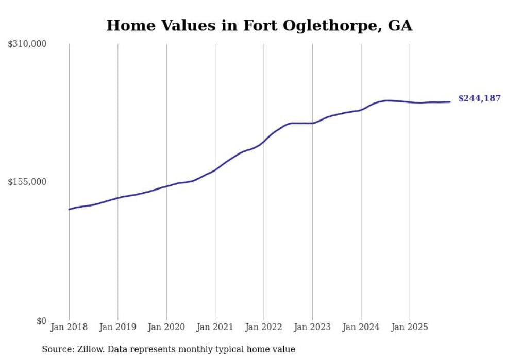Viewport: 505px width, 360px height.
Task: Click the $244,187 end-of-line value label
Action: [x=479, y=99]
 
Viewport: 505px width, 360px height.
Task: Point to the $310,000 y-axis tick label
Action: [x=27, y=44]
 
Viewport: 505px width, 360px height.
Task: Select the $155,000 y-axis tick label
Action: [x=27, y=182]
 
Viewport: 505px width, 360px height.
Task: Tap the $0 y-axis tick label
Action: [x=41, y=321]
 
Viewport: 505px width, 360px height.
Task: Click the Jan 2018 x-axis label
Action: [x=69, y=327]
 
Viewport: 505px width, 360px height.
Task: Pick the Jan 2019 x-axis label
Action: [x=118, y=327]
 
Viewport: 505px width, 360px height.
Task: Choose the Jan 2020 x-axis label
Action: [x=166, y=327]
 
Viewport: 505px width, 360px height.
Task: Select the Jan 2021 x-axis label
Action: [x=215, y=327]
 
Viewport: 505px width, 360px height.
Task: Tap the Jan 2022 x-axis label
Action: [x=264, y=327]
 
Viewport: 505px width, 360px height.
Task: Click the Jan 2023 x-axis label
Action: [x=312, y=327]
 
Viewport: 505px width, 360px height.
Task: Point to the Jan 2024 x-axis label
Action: [x=361, y=327]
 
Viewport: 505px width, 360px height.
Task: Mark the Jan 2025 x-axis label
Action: [x=410, y=327]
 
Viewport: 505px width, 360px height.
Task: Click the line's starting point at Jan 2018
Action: [x=69, y=209]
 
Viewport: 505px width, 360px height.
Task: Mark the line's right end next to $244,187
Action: [x=450, y=102]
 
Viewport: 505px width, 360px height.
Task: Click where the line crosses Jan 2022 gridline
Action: [x=264, y=141]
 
